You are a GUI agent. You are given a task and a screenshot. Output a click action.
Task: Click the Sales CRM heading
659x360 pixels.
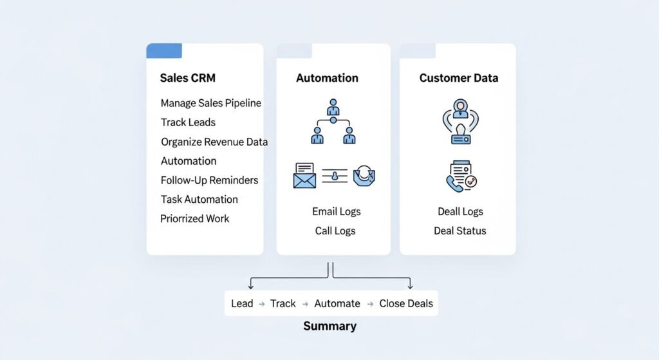tap(187, 78)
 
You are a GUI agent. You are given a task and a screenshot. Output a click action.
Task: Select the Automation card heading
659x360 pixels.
tap(327, 78)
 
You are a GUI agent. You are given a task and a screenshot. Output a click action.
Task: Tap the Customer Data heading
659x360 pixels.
tap(458, 78)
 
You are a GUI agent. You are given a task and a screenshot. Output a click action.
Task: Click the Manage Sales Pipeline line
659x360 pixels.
tap(210, 103)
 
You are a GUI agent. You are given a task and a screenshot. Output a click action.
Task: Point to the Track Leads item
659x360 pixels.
tap(188, 122)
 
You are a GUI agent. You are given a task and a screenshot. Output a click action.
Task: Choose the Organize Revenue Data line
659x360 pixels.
tap(214, 142)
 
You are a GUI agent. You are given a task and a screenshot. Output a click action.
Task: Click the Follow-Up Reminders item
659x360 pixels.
tap(209, 180)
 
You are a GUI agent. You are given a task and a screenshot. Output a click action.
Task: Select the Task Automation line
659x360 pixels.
tap(199, 200)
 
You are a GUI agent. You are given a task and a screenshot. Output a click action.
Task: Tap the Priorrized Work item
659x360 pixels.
tap(194, 219)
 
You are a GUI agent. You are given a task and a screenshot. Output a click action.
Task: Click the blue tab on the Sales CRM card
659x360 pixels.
tap(164, 51)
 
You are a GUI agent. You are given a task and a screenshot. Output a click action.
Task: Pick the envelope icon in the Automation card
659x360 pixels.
tap(304, 175)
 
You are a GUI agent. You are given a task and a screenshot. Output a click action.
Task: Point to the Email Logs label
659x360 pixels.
tap(336, 211)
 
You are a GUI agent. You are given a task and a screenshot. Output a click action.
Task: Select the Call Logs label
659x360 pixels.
tap(335, 231)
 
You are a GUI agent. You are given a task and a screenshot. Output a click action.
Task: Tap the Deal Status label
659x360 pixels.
tap(459, 231)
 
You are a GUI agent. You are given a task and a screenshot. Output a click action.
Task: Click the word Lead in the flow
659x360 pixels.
tap(242, 303)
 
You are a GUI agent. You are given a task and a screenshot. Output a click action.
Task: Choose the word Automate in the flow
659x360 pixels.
tap(337, 303)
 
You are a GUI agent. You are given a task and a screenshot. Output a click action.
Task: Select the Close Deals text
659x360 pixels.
tap(406, 303)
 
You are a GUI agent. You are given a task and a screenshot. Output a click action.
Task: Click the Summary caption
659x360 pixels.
tap(329, 326)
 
